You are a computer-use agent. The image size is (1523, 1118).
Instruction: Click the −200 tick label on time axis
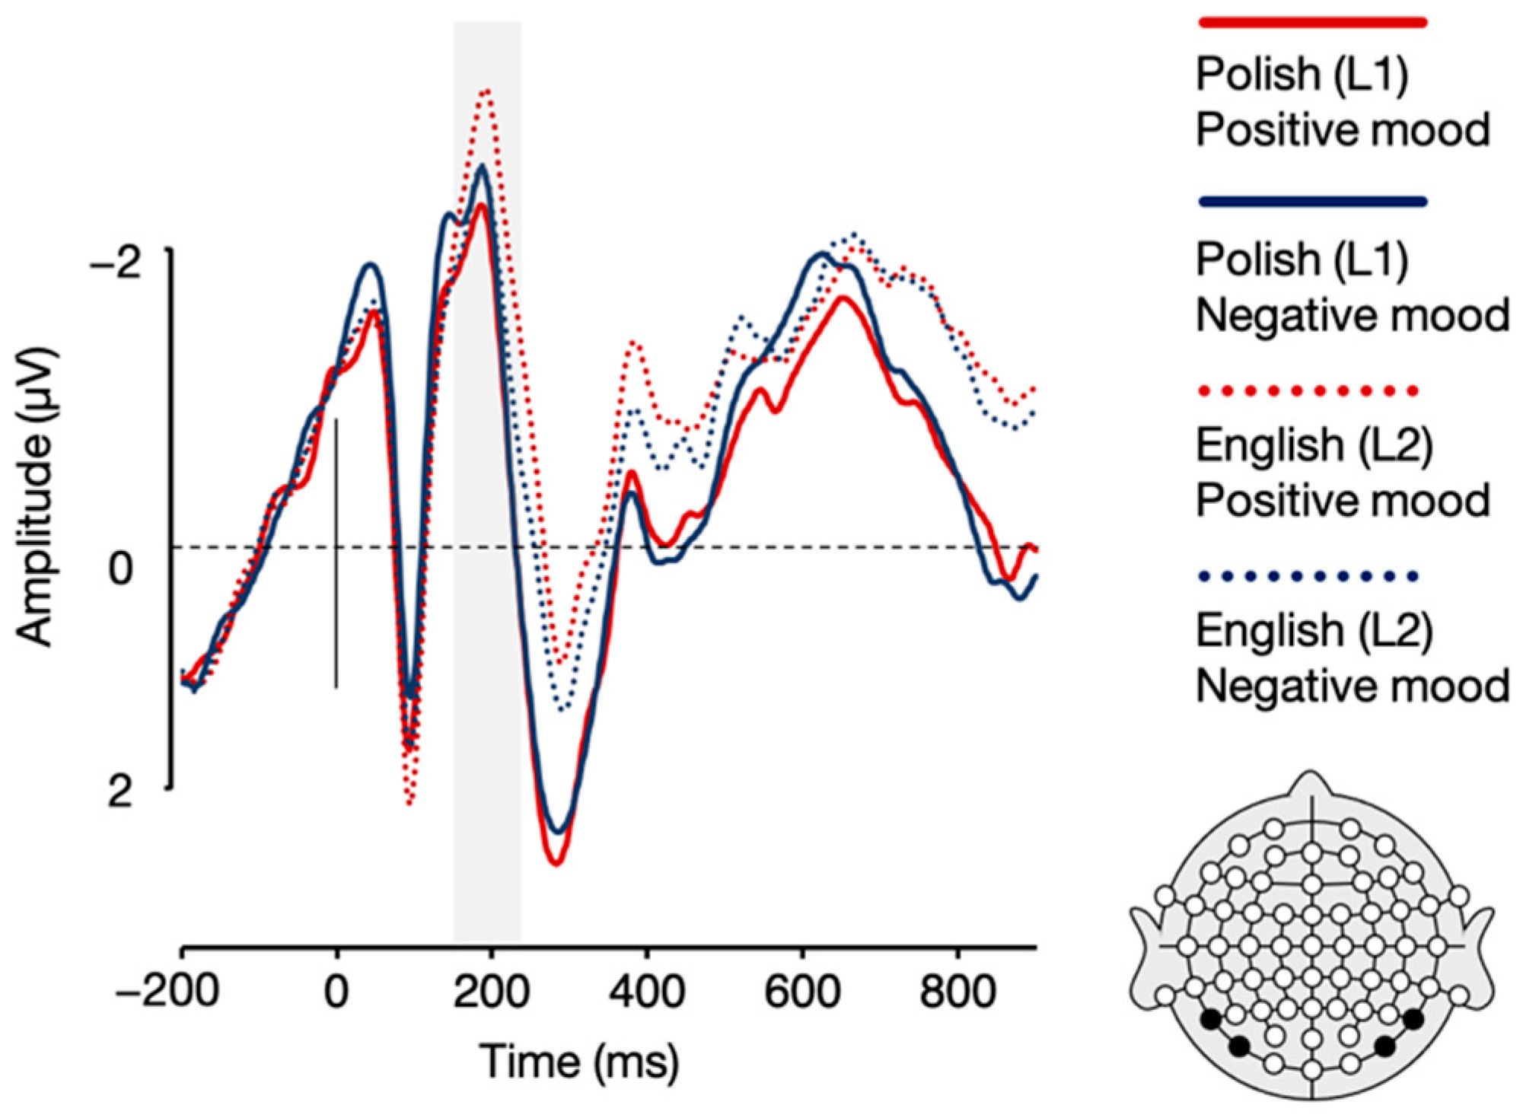[x=167, y=992]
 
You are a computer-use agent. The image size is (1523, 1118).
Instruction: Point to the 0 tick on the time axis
[x=336, y=992]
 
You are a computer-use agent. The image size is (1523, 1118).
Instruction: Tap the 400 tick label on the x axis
[x=647, y=992]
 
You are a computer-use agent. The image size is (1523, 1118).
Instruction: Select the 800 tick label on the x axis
[x=957, y=992]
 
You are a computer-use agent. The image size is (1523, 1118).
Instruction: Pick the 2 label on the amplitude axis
[x=120, y=792]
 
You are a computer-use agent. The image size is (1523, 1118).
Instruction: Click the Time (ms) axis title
[x=578, y=1062]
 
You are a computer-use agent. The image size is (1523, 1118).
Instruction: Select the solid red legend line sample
[x=1312, y=23]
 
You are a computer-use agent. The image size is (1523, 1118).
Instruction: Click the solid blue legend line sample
[x=1312, y=202]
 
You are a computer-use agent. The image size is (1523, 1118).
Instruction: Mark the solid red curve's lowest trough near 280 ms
[x=556, y=863]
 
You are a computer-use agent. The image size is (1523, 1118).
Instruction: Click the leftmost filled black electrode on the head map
[x=1210, y=1019]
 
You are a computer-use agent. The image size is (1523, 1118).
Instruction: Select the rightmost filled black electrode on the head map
[x=1413, y=1019]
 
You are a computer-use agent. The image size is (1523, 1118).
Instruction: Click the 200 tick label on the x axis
[x=492, y=992]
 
